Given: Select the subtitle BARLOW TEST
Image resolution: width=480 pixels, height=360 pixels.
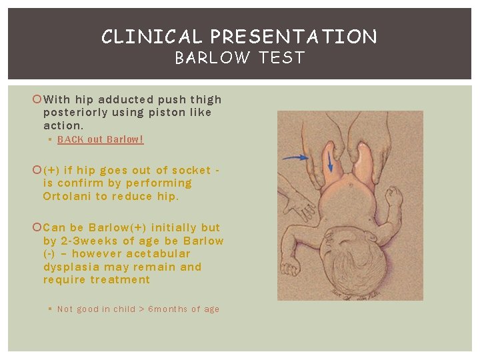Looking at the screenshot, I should click(x=239, y=59).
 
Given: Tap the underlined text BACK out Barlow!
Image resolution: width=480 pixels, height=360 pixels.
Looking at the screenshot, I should click(x=100, y=139).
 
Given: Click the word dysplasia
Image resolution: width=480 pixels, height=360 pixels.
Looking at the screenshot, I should click(x=72, y=267).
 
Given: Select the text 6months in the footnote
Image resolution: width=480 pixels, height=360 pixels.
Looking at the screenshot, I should click(x=169, y=309).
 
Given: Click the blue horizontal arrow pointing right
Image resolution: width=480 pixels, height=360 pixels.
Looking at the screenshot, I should click(x=295, y=157).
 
